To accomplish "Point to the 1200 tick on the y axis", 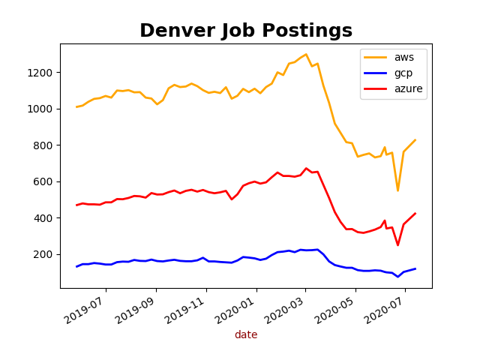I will [x=41, y=73].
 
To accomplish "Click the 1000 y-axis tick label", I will [x=41, y=109].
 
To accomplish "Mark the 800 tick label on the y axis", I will [x=44, y=145].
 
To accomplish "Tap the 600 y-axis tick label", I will [x=44, y=181].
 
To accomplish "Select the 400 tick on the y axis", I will [x=44, y=218].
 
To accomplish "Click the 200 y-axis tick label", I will [x=44, y=254].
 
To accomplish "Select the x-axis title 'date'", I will [x=246, y=335].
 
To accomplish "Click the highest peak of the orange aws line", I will [x=306, y=54].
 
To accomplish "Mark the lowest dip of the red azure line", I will [x=398, y=245].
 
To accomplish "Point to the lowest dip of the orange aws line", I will [x=398, y=190].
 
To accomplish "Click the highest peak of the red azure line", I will [x=306, y=168].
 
